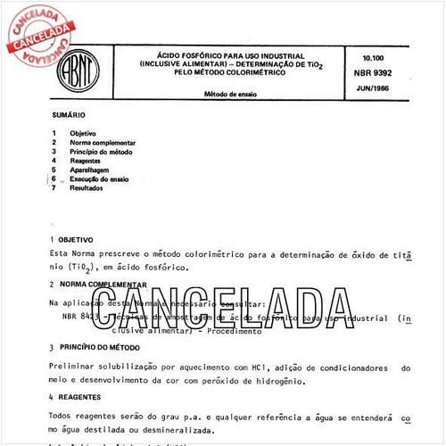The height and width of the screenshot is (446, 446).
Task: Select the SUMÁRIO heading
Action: [x=69, y=115]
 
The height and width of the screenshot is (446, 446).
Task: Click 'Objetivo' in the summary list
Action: [x=84, y=133]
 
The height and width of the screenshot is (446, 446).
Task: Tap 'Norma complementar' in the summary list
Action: [x=103, y=143]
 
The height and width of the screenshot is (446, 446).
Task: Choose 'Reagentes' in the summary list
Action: [x=87, y=161]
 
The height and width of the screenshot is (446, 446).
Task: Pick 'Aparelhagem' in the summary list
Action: [x=91, y=170]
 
